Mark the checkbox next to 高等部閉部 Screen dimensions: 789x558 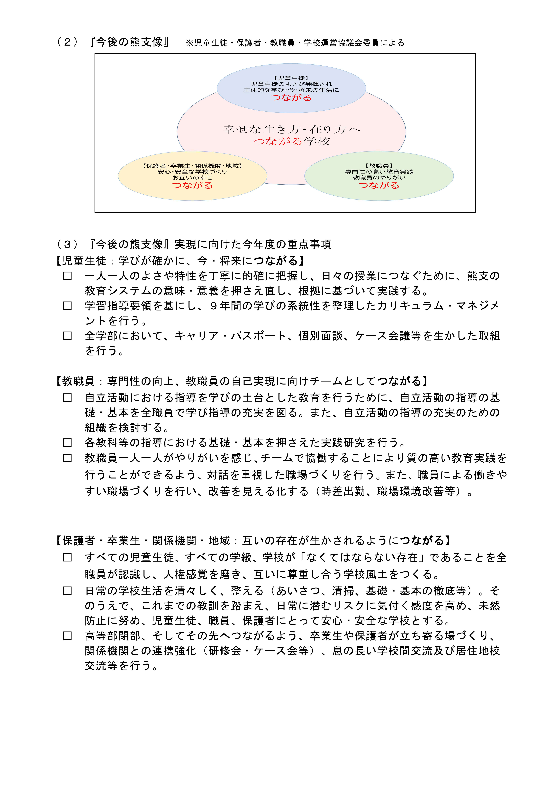pyautogui.click(x=67, y=636)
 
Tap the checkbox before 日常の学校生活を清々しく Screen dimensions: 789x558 pyautogui.click(x=67, y=591)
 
